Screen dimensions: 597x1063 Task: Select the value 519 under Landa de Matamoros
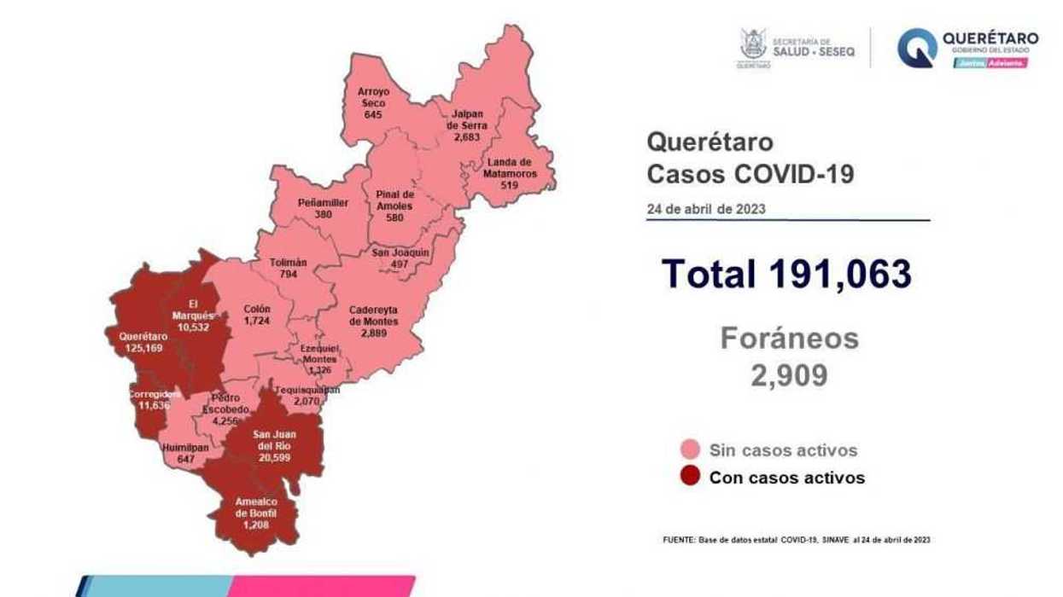point(509,184)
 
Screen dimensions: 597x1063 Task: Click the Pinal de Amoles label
point(394,200)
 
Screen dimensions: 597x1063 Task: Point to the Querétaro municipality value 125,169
point(143,348)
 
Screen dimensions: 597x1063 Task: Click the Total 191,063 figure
point(786,274)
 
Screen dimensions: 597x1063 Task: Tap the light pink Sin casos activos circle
point(690,450)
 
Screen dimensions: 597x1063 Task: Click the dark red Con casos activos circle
point(690,477)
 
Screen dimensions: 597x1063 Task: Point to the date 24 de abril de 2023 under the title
point(706,209)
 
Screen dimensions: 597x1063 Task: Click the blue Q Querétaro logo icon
point(916,48)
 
